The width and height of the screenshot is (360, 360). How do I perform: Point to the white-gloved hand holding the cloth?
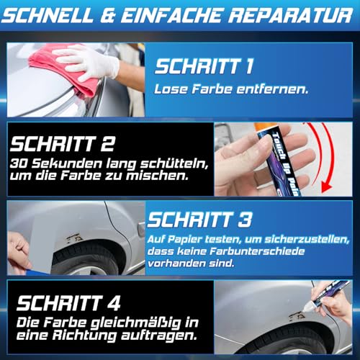click(x=90, y=61)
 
